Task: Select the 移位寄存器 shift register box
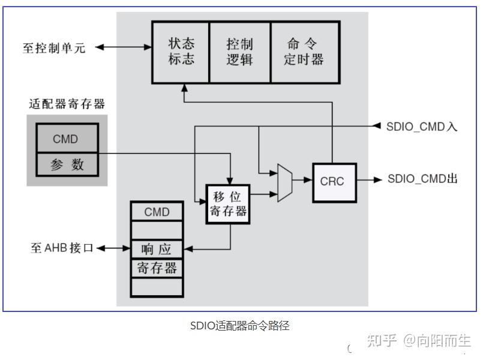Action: pos(227,204)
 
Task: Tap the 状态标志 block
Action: pos(181,52)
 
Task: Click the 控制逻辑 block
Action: pos(239,52)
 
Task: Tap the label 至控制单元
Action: pos(54,48)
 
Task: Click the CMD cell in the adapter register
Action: pos(65,139)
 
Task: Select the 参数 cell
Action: pos(66,164)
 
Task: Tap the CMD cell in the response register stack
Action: pos(157,212)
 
